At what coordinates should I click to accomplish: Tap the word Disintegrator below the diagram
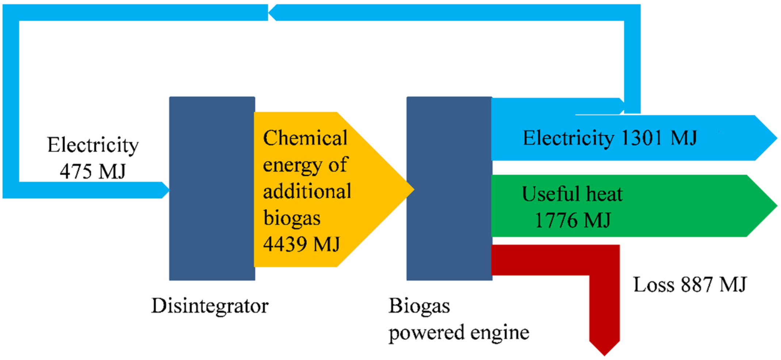[210, 306]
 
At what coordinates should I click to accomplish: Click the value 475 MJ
[93, 171]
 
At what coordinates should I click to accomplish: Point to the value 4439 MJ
[301, 244]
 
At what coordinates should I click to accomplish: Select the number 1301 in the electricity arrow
[642, 138]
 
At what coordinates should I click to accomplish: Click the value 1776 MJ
[573, 220]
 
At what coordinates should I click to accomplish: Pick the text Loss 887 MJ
[690, 284]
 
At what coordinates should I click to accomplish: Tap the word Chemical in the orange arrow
[305, 138]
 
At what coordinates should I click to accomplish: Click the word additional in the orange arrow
[307, 191]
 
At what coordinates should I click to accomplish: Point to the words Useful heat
[572, 194]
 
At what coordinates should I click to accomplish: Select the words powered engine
[459, 333]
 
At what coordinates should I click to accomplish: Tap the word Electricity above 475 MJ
[93, 145]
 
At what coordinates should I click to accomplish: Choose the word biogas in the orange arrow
[292, 218]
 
